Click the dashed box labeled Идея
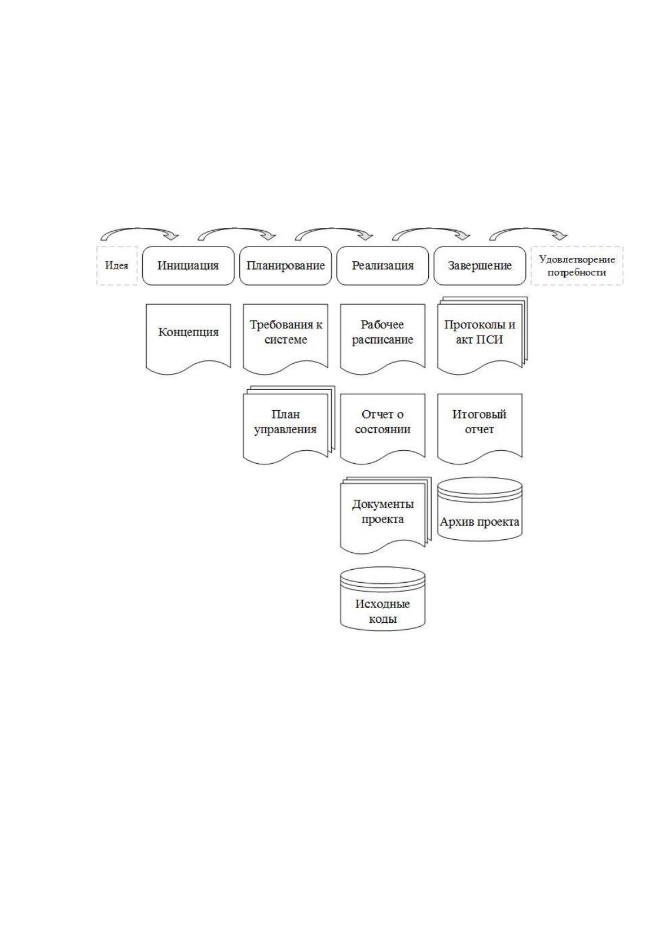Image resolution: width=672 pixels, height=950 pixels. [x=117, y=266]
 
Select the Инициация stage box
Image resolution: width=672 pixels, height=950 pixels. [x=188, y=266]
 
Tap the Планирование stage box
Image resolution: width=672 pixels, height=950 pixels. [x=285, y=266]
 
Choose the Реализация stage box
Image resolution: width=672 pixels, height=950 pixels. [x=382, y=266]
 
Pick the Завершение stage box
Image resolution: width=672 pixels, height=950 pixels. [x=480, y=266]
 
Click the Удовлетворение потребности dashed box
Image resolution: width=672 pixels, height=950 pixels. [x=577, y=266]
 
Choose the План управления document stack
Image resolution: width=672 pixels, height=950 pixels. [x=288, y=425]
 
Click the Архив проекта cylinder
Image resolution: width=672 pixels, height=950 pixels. [x=480, y=509]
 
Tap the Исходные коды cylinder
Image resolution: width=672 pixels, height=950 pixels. [x=382, y=599]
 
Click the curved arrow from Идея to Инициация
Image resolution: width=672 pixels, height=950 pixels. [x=140, y=230]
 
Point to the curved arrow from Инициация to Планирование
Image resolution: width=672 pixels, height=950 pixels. [x=237, y=230]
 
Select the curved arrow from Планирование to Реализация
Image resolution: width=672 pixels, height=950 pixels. [x=334, y=230]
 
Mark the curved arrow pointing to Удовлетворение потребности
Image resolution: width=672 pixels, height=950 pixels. [x=529, y=230]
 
